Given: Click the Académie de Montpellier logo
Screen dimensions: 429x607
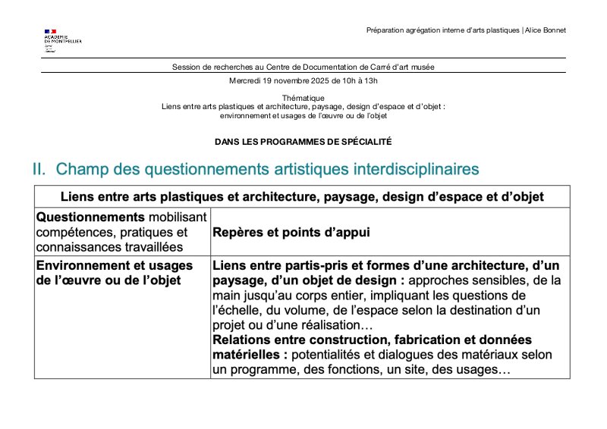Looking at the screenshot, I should click(x=62, y=39).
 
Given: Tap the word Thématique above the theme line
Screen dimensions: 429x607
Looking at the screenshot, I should click(x=303, y=98).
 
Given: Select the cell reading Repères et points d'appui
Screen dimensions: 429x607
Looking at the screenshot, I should click(x=291, y=232).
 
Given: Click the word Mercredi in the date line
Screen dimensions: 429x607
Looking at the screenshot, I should click(x=244, y=80).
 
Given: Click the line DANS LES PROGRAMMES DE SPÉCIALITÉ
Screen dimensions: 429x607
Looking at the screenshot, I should click(x=303, y=141).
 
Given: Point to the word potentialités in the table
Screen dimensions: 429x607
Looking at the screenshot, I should click(x=325, y=354).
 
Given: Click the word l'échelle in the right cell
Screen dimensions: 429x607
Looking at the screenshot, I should click(x=237, y=309).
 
